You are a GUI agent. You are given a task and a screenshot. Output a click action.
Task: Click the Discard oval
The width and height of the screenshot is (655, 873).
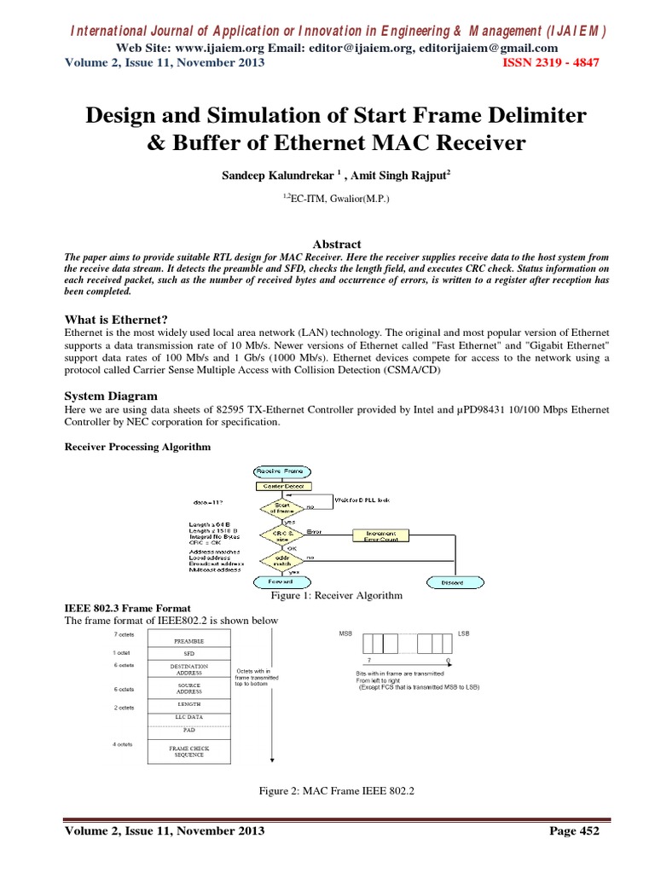click(453, 583)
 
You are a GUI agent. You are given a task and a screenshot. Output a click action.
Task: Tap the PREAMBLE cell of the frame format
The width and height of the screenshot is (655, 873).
click(188, 640)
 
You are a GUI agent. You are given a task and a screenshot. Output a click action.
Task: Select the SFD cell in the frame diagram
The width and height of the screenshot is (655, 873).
click(188, 655)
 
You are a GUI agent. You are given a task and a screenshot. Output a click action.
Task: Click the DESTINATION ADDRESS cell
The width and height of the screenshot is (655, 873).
click(188, 669)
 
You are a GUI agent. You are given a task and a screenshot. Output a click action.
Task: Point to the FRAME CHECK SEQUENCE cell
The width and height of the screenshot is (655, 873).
click(188, 751)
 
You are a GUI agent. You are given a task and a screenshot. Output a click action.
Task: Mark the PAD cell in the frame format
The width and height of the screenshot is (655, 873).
click(188, 731)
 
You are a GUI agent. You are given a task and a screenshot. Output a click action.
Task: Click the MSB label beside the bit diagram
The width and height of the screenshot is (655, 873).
click(345, 634)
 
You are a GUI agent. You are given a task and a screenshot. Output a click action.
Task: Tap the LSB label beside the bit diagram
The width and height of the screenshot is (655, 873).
click(463, 634)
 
